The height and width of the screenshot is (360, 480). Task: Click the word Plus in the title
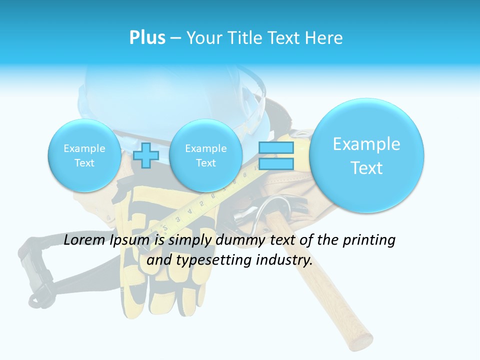click(147, 37)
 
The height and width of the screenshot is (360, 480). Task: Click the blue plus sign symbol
click(146, 155)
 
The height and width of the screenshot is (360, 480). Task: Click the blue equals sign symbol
click(276, 155)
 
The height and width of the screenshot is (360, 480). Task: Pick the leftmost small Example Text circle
click(84, 155)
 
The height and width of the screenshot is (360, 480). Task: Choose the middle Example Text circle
click(205, 155)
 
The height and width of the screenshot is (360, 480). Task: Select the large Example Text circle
click(366, 155)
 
